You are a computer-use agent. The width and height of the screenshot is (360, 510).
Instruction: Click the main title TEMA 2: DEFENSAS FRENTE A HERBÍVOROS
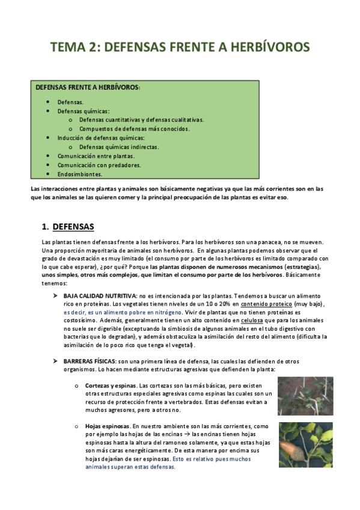click(x=180, y=47)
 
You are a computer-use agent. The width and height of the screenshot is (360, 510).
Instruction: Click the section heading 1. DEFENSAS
click(x=68, y=227)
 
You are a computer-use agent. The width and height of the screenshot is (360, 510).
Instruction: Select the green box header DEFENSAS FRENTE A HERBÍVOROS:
click(x=88, y=88)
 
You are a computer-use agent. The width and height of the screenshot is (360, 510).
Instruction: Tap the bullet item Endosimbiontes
click(x=79, y=174)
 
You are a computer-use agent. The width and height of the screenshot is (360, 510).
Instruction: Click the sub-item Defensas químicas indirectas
click(x=119, y=147)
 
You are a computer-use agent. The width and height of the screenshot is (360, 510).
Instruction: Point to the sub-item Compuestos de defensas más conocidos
click(x=134, y=129)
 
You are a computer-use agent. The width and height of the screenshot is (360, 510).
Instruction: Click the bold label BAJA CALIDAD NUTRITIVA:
click(x=100, y=296)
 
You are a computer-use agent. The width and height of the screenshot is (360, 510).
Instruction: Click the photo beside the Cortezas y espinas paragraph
click(x=305, y=396)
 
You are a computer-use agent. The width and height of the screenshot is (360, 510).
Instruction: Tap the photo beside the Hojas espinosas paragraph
click(x=305, y=444)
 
